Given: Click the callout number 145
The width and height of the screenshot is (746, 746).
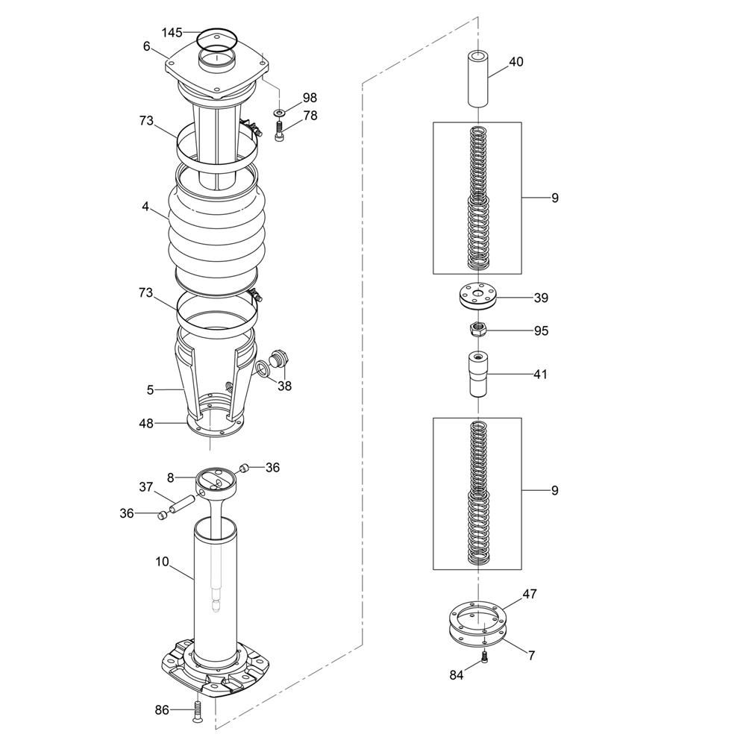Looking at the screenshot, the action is click(x=172, y=32).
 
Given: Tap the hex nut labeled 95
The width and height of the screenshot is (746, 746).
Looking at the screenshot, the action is click(x=477, y=329).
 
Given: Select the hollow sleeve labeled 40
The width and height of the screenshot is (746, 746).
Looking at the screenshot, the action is click(x=477, y=79).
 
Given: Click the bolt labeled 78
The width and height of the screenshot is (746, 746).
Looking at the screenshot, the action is click(x=279, y=131).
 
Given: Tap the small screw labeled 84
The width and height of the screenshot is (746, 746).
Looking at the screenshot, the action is click(x=484, y=657).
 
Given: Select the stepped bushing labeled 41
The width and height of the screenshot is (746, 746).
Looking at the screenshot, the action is click(x=477, y=374).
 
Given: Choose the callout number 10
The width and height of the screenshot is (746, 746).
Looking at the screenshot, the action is click(x=162, y=562).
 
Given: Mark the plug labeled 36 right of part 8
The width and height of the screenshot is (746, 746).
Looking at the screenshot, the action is click(x=244, y=468).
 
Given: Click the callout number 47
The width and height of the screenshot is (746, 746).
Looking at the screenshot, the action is click(x=530, y=594).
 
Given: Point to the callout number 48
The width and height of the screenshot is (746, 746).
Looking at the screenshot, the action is click(x=146, y=423).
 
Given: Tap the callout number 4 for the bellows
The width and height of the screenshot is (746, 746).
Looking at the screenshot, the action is click(x=145, y=207).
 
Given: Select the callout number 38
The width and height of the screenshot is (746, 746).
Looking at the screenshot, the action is click(x=284, y=386).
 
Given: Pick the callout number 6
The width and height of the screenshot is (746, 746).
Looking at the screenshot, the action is click(x=146, y=46).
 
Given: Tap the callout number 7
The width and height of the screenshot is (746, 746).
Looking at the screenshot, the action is click(x=531, y=655).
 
